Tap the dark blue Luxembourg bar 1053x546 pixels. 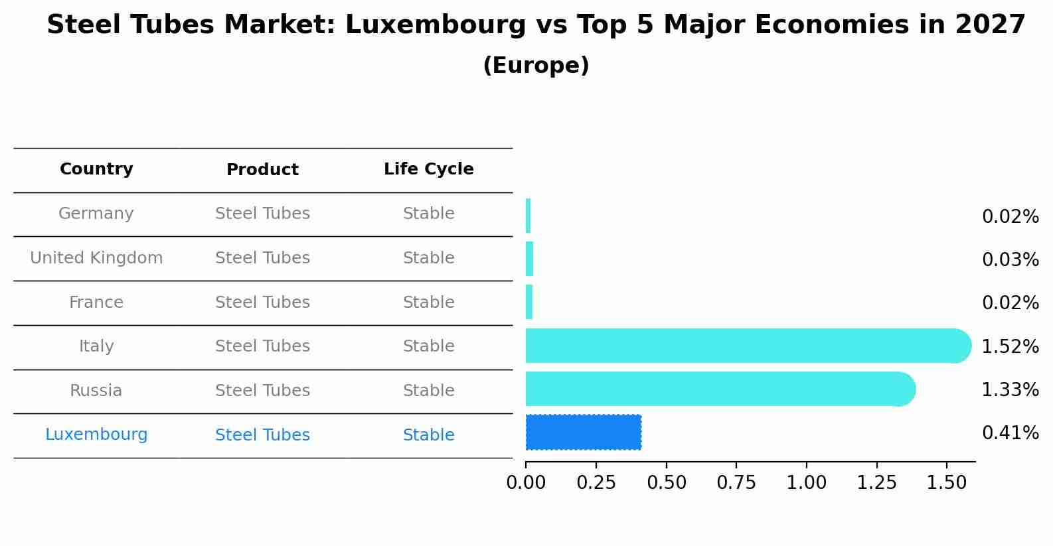(583, 432)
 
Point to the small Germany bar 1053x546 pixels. (528, 216)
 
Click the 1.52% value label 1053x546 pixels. (1010, 346)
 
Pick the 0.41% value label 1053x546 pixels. (1010, 433)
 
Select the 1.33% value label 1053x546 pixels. (1010, 389)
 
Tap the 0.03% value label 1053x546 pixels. (1010, 259)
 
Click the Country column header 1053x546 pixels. (96, 169)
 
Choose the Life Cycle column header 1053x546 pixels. (428, 169)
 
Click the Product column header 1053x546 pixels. (262, 170)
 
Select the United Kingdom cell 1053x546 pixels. (96, 258)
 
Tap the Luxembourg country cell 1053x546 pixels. (96, 435)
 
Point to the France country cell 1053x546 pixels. (96, 303)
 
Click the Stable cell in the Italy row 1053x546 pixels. (428, 346)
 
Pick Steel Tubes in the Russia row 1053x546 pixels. (262, 391)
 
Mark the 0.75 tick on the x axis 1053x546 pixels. (736, 482)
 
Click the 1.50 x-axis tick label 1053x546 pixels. (947, 482)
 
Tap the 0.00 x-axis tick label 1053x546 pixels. (526, 482)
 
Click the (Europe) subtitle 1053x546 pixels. (536, 66)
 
